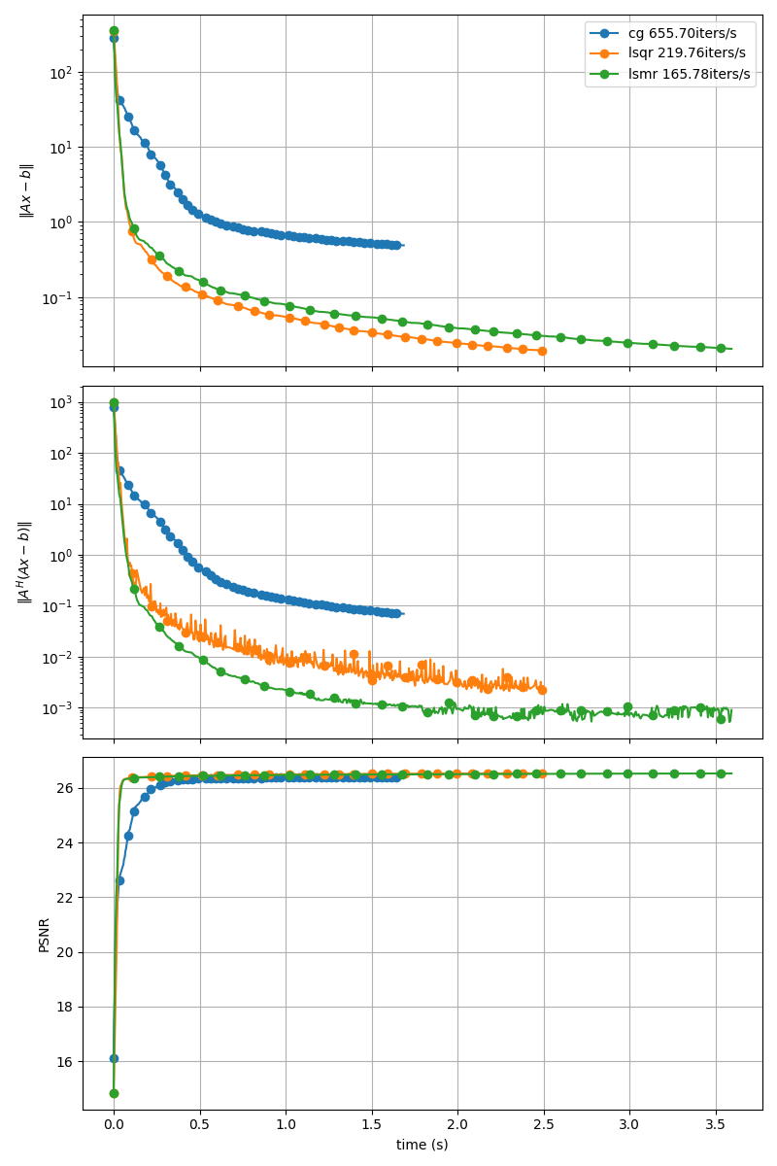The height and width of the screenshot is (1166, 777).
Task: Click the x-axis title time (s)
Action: (422, 1145)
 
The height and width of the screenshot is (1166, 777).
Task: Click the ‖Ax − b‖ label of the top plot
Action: (27, 189)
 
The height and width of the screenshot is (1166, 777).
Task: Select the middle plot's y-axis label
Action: (25, 563)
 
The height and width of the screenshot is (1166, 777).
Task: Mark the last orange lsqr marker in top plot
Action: (542, 351)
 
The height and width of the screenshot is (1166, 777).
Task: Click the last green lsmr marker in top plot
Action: (721, 348)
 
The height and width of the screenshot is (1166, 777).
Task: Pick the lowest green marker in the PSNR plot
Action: (114, 1093)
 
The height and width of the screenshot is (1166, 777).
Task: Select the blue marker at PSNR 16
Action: (114, 1058)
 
